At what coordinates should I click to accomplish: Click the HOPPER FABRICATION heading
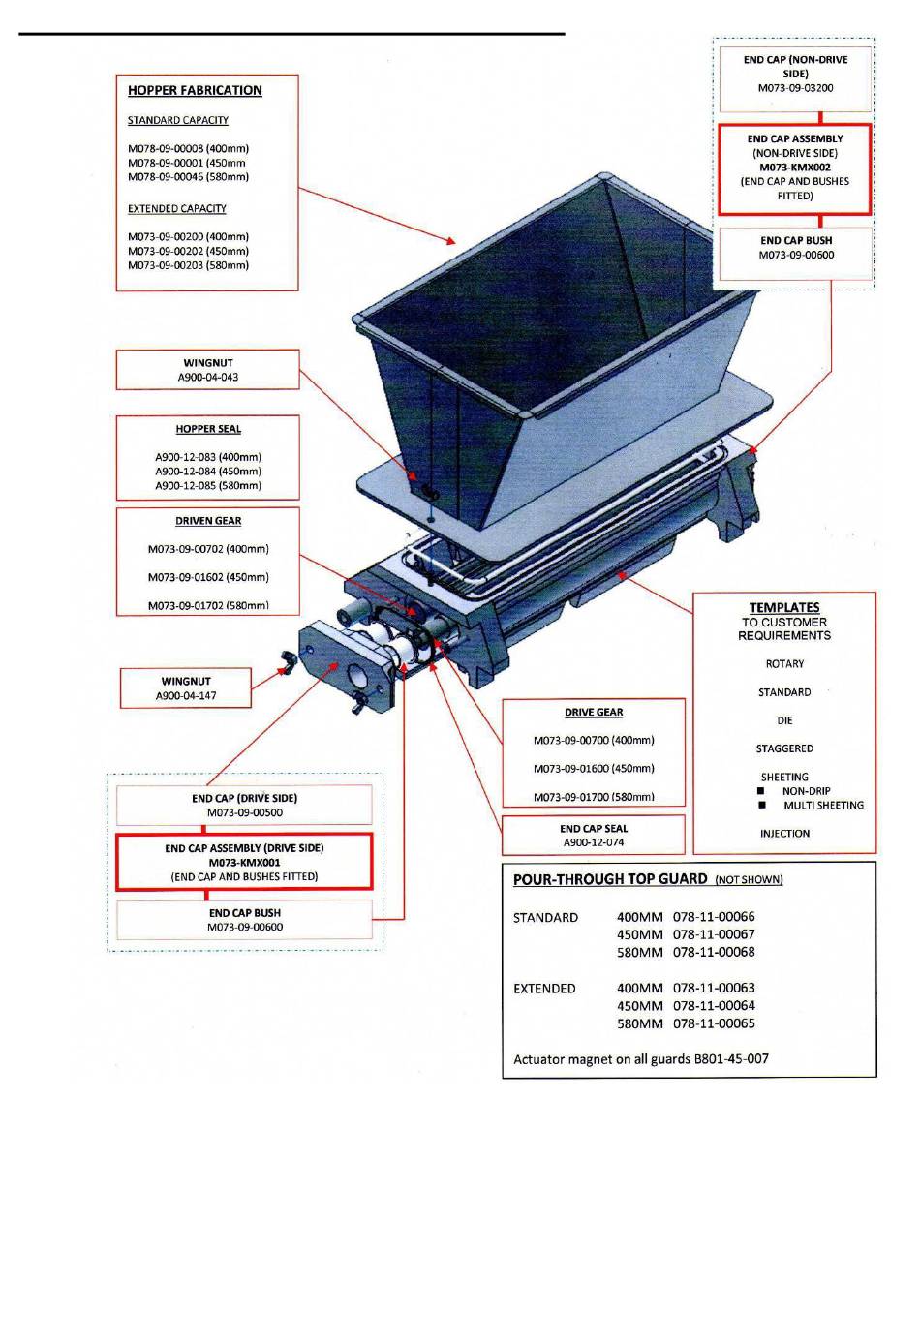click(195, 90)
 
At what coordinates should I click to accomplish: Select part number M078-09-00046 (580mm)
click(188, 177)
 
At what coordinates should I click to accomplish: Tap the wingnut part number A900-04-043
click(207, 377)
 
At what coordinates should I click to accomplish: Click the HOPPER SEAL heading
click(208, 429)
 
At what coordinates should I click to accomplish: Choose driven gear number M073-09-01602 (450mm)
click(208, 577)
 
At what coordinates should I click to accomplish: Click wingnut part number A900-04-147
click(186, 695)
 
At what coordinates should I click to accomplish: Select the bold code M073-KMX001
click(244, 862)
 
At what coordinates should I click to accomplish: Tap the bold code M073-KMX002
click(795, 168)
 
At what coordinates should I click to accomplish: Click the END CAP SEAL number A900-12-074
click(593, 842)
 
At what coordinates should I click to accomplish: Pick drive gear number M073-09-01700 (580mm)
click(594, 797)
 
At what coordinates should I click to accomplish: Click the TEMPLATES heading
click(783, 607)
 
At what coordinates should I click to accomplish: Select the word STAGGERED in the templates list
click(784, 748)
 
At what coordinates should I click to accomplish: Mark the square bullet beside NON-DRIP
click(761, 791)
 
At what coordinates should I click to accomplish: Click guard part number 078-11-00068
click(714, 952)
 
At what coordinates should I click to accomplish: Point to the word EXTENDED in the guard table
click(544, 988)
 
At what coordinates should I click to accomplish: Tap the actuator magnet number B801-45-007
click(731, 1059)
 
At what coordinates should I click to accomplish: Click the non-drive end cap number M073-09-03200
click(795, 88)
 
